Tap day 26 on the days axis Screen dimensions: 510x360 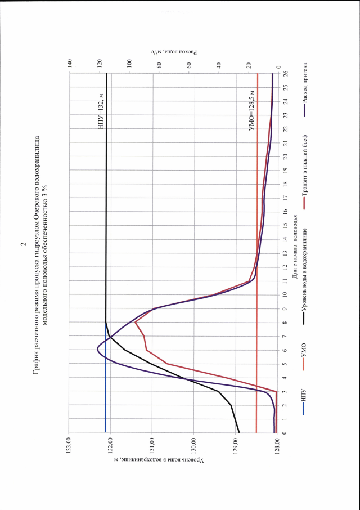286,73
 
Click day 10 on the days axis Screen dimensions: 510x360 286,294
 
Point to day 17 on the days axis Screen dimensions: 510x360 286,198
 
